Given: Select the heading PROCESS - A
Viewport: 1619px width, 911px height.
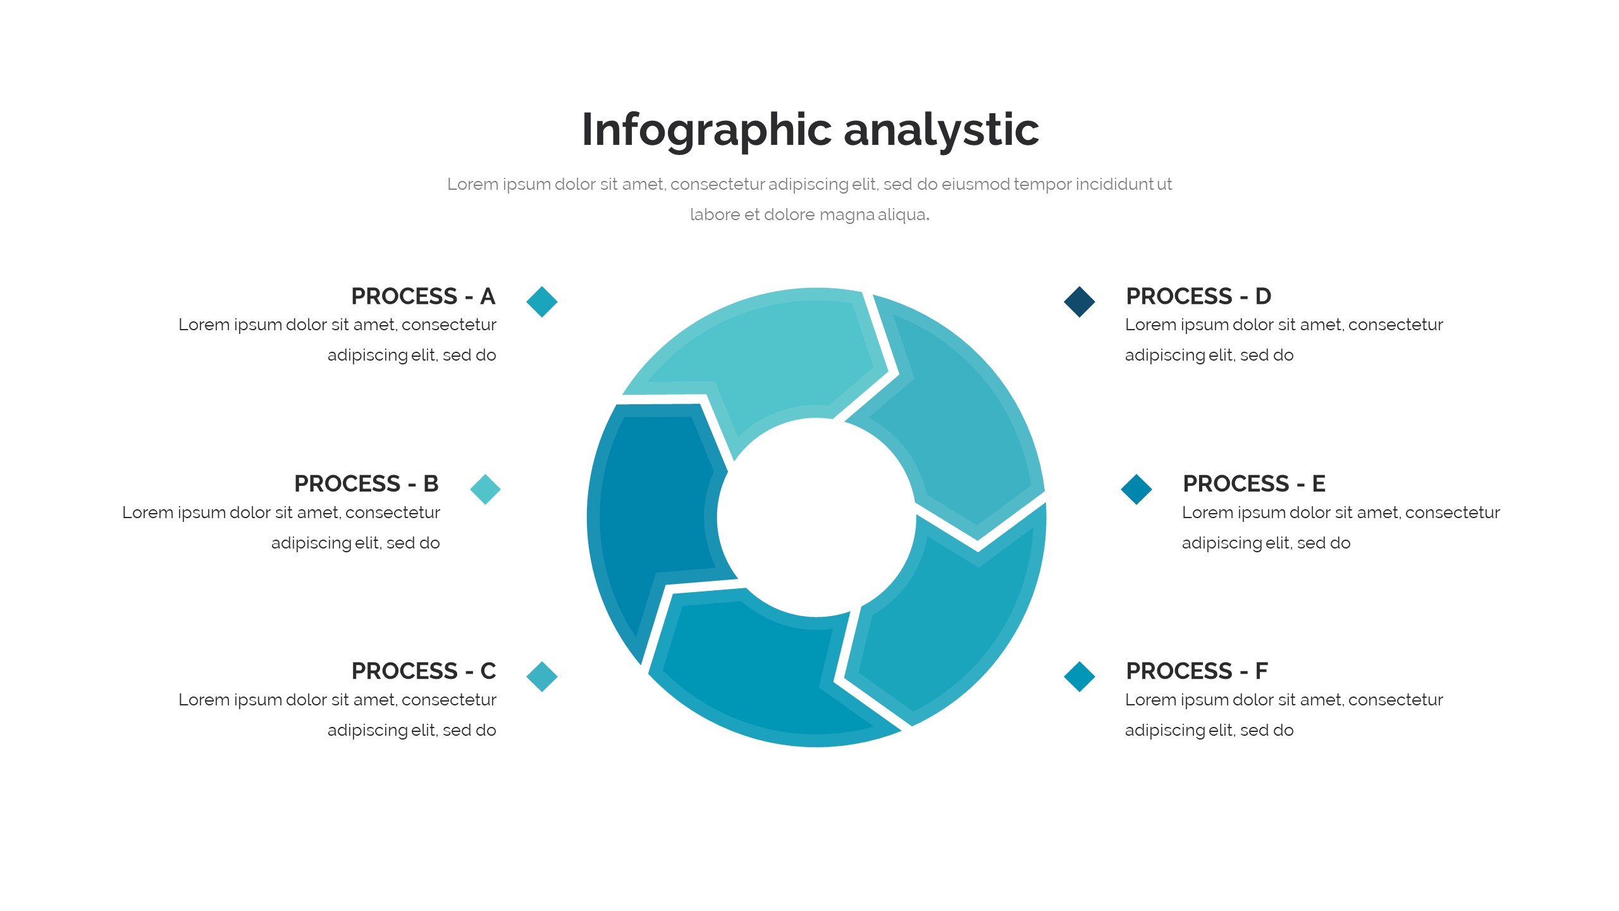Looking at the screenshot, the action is pos(423,296).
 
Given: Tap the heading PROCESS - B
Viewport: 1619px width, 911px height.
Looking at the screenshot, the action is pos(366,483).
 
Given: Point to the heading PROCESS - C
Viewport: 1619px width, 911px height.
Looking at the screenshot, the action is pos(424,671).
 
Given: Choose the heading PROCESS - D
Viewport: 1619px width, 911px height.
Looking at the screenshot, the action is pos(1198,296).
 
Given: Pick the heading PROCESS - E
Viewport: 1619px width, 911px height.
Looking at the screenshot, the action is pos(1254,483).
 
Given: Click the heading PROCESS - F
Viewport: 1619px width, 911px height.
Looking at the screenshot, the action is pos(1197,671).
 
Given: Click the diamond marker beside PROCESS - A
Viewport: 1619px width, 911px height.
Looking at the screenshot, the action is pos(542,301).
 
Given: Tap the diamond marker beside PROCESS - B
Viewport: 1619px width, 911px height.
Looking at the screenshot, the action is pos(485,489).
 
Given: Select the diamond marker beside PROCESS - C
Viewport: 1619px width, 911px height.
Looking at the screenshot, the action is pos(542,676).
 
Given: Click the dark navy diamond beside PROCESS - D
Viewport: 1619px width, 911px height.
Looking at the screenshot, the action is pos(1080,301).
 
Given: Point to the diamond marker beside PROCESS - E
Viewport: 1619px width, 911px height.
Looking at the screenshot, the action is pos(1136,489).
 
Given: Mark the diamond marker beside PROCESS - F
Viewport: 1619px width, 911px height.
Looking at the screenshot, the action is pos(1080,676).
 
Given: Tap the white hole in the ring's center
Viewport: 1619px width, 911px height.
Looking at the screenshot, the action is pos(816,517).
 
